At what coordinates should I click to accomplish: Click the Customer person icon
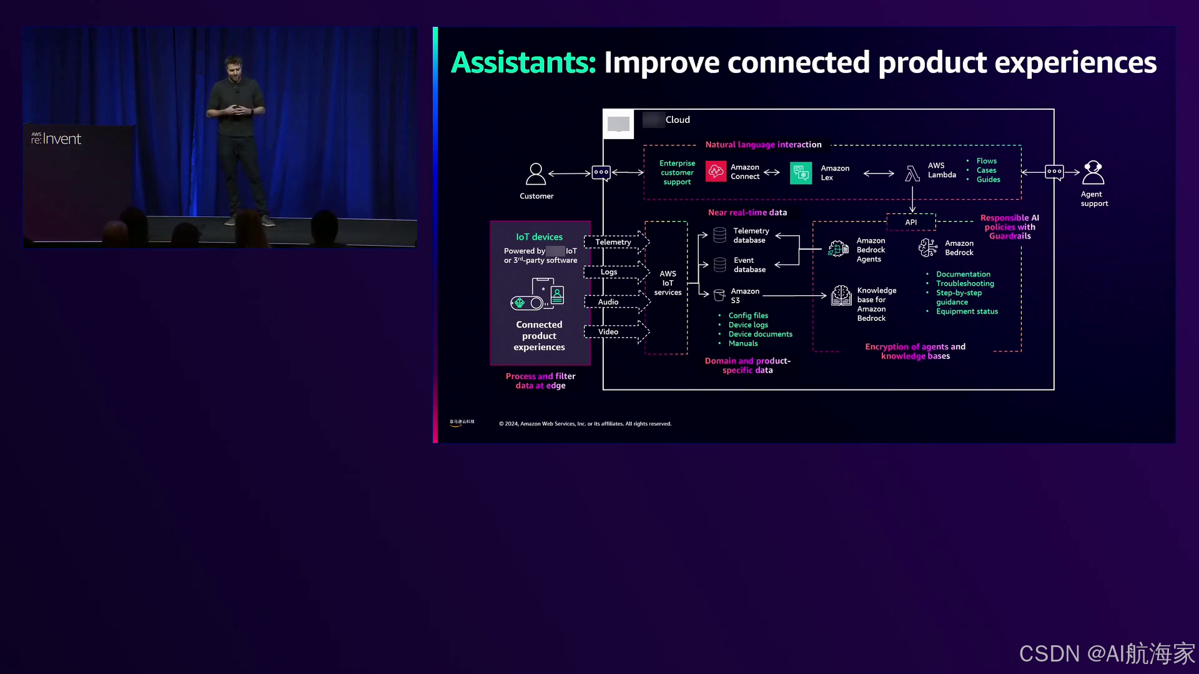tap(536, 173)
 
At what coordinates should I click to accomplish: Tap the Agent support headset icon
tap(1093, 172)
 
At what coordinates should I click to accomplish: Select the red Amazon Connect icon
tap(716, 172)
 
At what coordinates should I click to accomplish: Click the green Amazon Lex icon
tap(801, 173)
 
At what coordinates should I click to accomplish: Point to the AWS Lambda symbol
tap(912, 173)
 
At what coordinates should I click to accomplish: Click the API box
tap(911, 222)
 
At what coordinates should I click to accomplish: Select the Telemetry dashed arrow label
tap(613, 242)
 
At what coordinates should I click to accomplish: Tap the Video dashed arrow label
tap(608, 332)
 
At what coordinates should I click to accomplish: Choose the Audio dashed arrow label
tap(608, 302)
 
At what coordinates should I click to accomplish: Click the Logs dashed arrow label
tap(609, 272)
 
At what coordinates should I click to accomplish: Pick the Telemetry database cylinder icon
tap(719, 235)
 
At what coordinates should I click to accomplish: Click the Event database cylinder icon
tap(719, 265)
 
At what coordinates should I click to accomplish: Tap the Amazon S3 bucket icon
tap(719, 295)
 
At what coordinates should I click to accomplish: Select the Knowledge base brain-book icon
tap(841, 295)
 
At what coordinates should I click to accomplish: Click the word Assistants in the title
tap(523, 62)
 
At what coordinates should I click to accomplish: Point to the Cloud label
tap(678, 120)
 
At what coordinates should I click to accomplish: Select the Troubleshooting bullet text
tap(965, 283)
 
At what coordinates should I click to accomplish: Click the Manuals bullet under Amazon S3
tap(743, 343)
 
